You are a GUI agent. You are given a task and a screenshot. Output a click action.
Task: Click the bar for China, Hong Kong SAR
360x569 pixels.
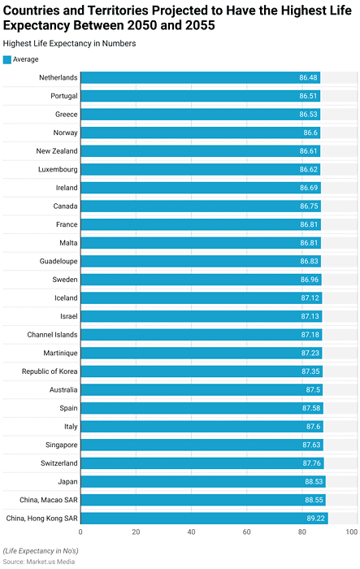point(203,518)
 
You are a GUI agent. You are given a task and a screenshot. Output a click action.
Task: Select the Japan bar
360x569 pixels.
point(202,481)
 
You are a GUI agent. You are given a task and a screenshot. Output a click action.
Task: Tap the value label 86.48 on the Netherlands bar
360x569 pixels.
point(308,78)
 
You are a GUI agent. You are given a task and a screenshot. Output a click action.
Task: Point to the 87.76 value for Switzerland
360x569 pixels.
point(310,463)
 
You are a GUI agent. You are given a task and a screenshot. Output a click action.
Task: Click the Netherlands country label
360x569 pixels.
point(58,78)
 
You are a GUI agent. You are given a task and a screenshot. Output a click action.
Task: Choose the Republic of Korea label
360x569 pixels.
point(50,371)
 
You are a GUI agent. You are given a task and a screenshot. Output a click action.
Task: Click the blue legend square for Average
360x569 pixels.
point(7,59)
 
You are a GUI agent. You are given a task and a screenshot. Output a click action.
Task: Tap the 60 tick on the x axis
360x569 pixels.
point(246,532)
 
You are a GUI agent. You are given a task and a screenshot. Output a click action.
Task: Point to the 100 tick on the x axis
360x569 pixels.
point(351,532)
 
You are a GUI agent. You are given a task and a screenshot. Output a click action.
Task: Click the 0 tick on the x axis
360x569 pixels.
point(80,532)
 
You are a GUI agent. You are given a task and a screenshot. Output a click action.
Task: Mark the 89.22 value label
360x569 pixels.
point(315,518)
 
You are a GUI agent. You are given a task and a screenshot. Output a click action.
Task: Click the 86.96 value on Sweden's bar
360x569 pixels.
point(310,280)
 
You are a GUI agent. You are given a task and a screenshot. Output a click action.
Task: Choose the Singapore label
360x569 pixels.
point(59,445)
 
